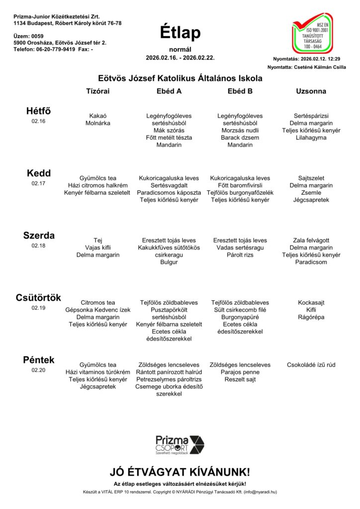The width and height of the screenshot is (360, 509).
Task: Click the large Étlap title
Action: (x=180, y=33)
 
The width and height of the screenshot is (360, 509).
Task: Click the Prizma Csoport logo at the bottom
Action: (x=180, y=444)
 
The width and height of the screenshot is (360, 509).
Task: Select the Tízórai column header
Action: (x=98, y=91)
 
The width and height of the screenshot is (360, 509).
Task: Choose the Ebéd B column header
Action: (x=240, y=91)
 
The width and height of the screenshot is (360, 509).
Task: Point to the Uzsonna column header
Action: (x=311, y=91)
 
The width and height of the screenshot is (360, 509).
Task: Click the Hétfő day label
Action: (x=38, y=111)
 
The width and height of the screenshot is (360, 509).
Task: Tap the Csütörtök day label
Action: (x=38, y=298)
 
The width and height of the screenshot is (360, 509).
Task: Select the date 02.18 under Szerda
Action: (x=38, y=246)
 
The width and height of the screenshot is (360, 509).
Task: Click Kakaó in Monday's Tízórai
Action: (x=98, y=116)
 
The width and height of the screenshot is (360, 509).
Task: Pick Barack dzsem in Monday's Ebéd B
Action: (x=240, y=138)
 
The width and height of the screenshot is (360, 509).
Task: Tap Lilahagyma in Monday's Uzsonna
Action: (x=311, y=138)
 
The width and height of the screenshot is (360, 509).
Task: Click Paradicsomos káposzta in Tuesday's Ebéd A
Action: (x=169, y=192)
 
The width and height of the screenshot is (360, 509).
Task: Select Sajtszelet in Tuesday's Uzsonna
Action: (x=311, y=178)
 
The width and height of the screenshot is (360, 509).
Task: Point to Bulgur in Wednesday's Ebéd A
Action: (x=169, y=262)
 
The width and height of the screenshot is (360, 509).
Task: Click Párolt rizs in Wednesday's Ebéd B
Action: (x=240, y=254)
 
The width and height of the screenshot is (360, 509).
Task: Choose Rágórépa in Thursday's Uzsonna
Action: (x=311, y=317)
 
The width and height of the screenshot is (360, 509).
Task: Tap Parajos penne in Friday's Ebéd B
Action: (x=240, y=372)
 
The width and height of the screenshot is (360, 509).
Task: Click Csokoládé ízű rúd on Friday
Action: (x=311, y=365)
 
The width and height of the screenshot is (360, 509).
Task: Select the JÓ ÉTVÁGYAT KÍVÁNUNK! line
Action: (x=180, y=472)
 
